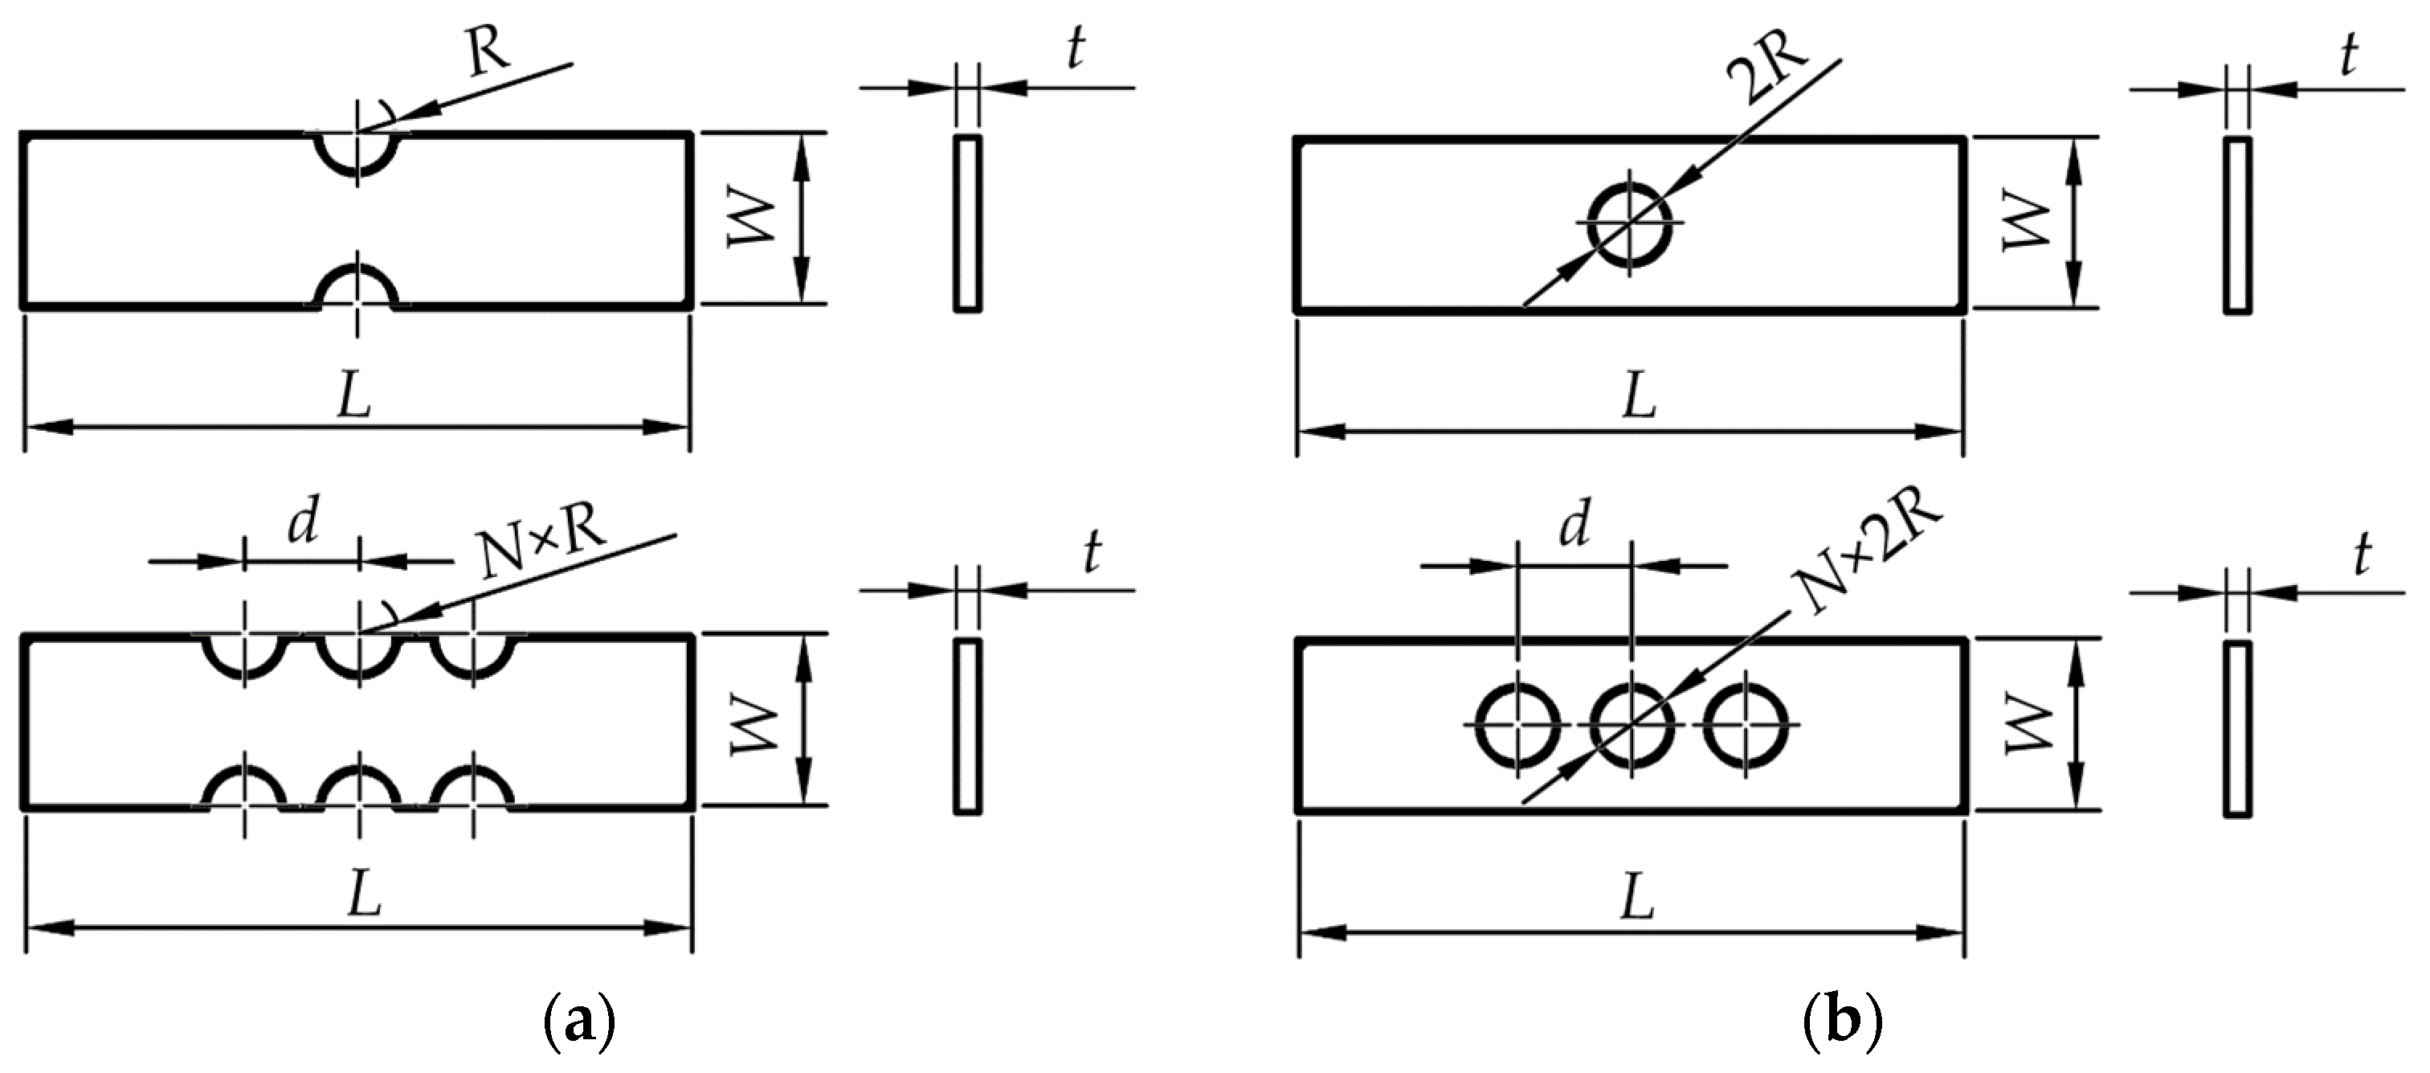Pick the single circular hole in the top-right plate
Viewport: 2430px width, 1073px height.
(x=1630, y=223)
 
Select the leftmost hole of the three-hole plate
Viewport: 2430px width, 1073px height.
(x=1517, y=725)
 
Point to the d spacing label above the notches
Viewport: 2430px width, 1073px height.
(x=302, y=525)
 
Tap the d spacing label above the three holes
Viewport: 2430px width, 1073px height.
(x=1574, y=526)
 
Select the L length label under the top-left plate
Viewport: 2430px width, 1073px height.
(x=355, y=399)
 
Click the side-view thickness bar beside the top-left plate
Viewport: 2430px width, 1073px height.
(x=967, y=223)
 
